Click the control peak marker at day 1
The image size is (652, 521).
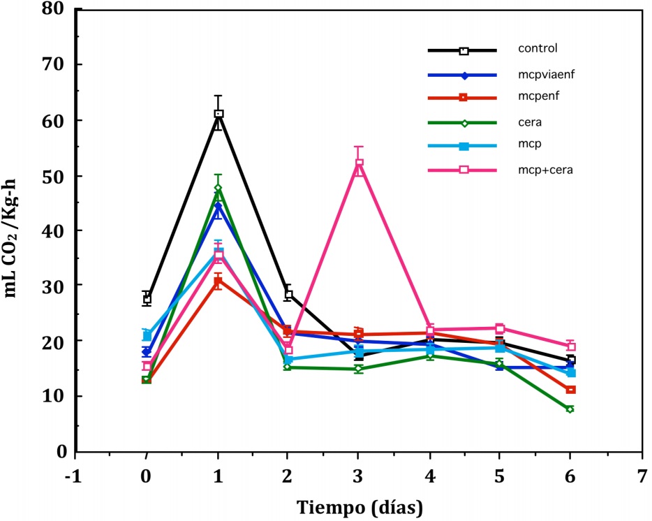click(218, 114)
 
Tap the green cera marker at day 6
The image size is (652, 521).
click(570, 409)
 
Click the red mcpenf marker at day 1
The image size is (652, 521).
click(218, 281)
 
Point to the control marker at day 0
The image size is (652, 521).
click(147, 299)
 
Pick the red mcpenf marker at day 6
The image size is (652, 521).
click(570, 390)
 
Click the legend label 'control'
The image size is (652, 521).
click(537, 49)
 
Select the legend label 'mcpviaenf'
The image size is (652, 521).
click(547, 75)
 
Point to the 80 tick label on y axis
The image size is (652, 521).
click(54, 10)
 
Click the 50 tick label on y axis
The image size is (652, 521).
click(54, 175)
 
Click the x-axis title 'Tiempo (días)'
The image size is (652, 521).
click(358, 505)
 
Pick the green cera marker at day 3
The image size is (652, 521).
click(359, 369)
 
